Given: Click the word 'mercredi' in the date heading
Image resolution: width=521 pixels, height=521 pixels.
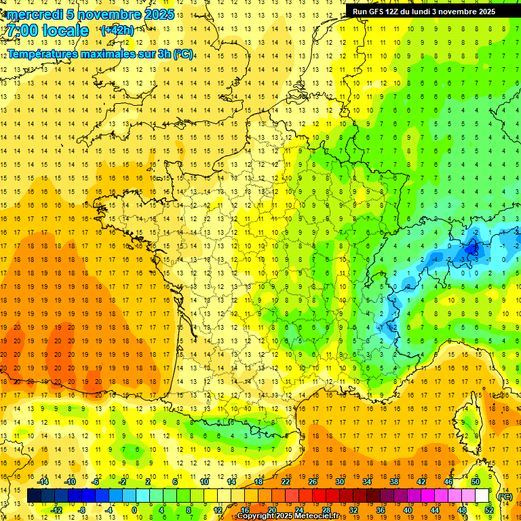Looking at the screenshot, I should (34, 14).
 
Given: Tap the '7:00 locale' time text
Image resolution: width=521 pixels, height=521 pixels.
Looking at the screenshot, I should (47, 31).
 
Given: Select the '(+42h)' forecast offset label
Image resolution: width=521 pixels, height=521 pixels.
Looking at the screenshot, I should (117, 31).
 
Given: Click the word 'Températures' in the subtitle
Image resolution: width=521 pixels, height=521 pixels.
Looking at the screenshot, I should (43, 54).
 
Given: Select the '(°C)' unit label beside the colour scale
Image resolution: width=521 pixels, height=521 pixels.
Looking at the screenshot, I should (505, 496).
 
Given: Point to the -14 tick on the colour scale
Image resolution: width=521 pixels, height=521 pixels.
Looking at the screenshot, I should (43, 482).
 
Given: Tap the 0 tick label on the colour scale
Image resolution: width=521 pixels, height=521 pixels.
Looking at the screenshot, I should (134, 510).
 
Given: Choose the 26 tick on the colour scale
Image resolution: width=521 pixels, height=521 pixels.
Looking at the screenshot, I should (313, 482).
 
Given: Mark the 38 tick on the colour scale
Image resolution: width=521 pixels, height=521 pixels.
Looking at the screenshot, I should (393, 482).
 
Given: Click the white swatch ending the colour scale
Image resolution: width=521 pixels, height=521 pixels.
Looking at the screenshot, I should (482, 496).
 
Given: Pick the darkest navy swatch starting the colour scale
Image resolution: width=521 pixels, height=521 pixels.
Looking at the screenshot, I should (34, 496).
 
